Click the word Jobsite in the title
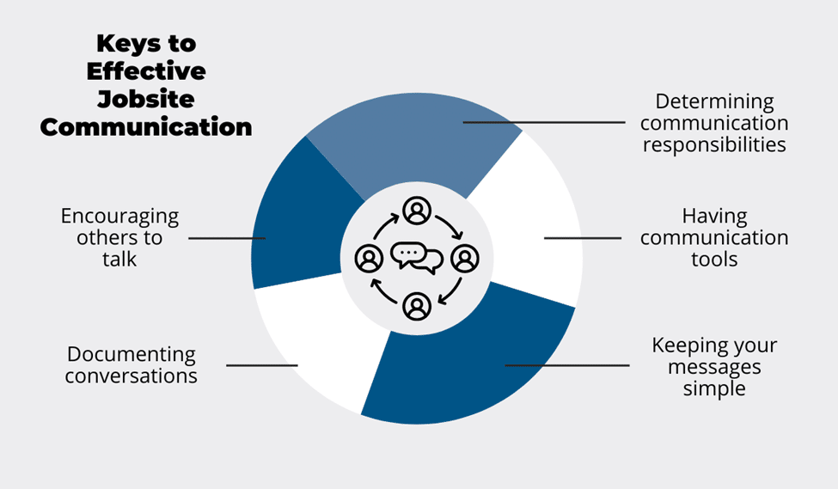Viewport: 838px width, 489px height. [x=146, y=99]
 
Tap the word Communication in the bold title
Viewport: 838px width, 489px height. [x=146, y=127]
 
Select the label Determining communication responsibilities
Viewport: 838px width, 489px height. [x=715, y=123]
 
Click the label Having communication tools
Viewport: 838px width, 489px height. [x=714, y=237]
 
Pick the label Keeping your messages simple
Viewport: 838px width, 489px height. [x=714, y=367]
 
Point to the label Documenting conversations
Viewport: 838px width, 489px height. [x=132, y=365]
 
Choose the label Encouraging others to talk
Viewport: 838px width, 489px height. [x=119, y=237]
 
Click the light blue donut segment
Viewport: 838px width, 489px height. [x=404, y=138]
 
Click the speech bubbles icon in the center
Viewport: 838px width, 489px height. [x=417, y=257]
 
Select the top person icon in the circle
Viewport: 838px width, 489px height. [x=417, y=210]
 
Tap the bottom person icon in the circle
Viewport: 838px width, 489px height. [x=417, y=305]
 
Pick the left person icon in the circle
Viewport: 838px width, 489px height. [x=369, y=258]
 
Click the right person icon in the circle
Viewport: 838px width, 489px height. [x=465, y=258]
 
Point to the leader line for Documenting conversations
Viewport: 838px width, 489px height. [x=262, y=366]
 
